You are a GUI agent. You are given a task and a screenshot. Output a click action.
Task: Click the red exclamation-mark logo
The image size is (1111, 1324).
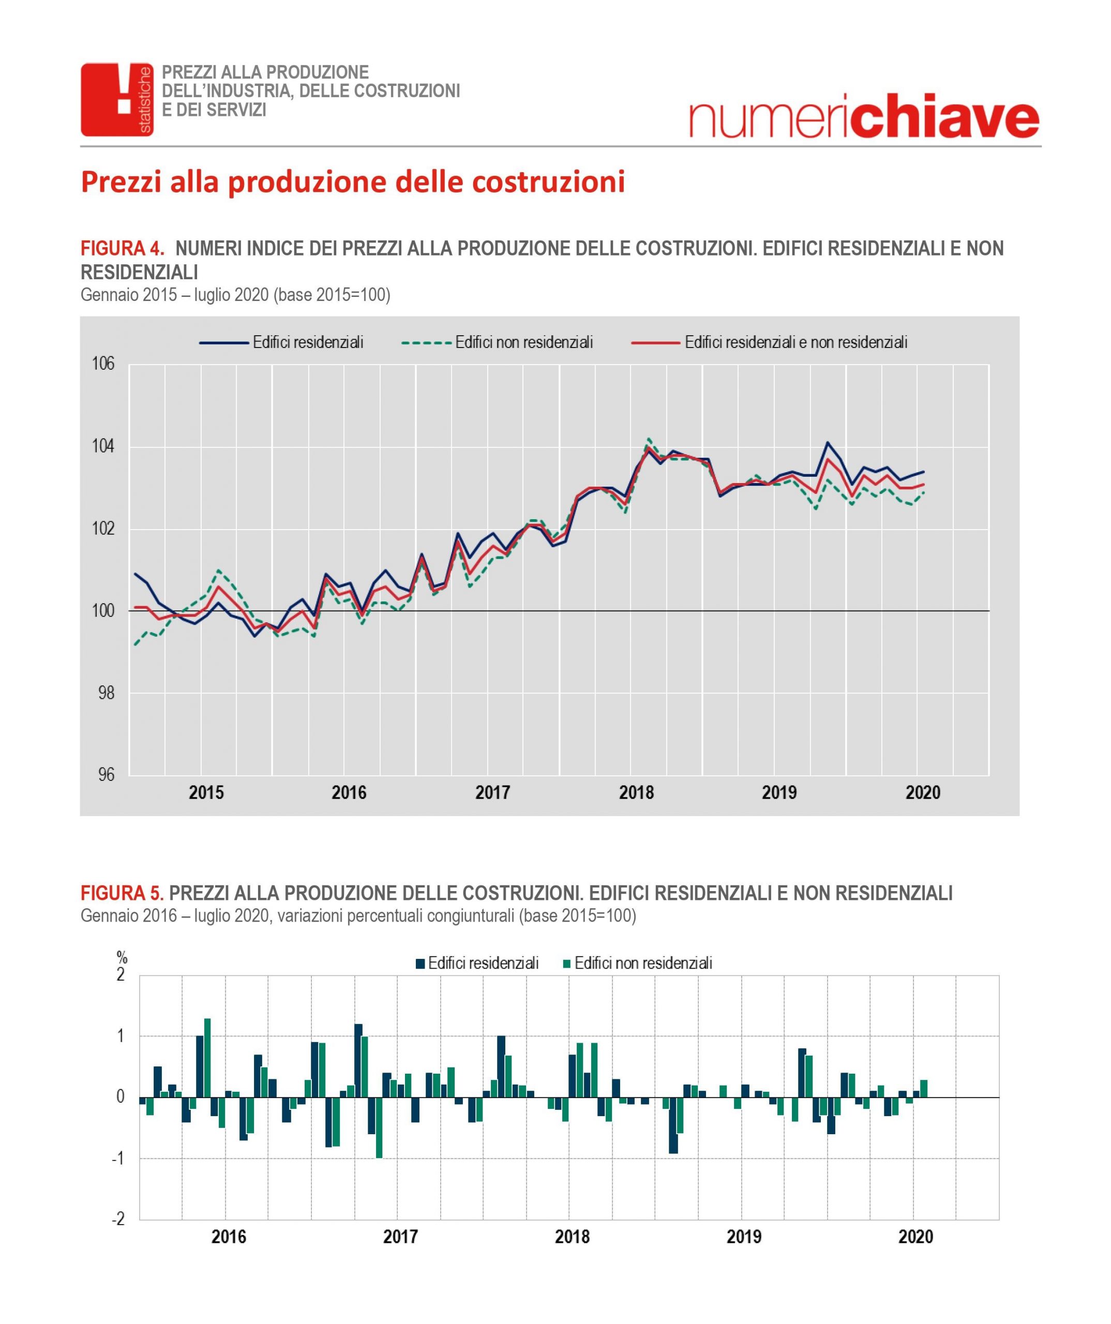117,100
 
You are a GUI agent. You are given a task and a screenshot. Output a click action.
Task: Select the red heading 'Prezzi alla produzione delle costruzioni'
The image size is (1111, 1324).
353,182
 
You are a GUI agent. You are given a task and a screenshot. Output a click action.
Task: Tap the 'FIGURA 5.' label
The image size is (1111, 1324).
122,893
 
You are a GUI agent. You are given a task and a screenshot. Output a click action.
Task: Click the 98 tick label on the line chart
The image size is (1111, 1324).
107,693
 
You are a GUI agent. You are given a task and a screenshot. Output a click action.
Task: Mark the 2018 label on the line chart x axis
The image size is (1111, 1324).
636,792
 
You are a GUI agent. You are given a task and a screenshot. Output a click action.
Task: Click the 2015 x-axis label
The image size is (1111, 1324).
206,792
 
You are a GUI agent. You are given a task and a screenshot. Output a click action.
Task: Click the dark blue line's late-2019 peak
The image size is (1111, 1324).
827,442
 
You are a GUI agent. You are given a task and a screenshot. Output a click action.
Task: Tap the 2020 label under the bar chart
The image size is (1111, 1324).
915,1237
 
